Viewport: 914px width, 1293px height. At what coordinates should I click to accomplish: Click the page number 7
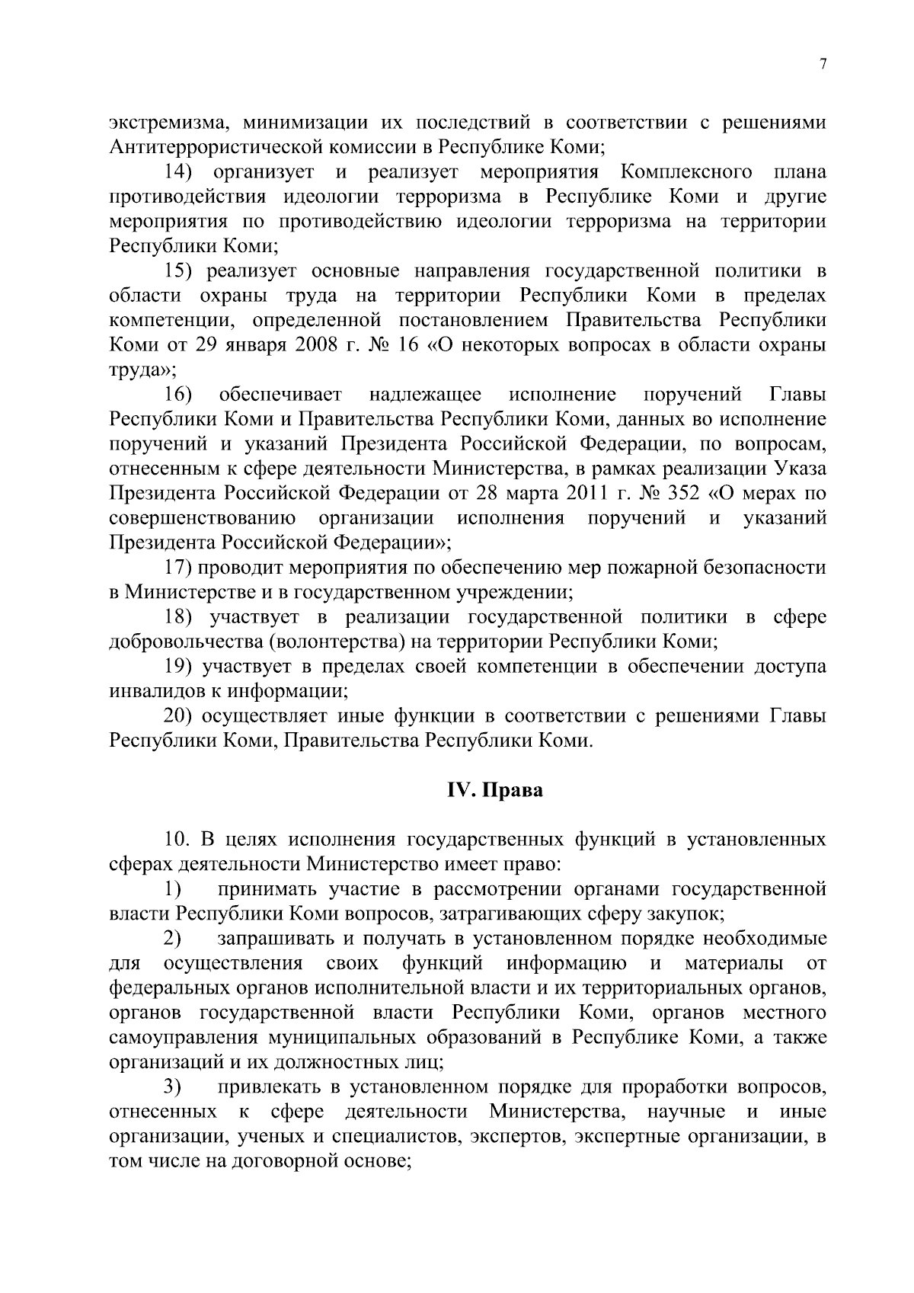[x=823, y=65]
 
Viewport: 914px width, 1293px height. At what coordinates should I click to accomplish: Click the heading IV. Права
[x=494, y=790]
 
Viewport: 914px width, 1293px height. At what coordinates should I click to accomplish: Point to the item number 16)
[x=179, y=395]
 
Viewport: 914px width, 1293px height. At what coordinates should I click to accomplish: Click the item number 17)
[x=179, y=568]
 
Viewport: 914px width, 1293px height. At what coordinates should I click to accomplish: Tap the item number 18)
[x=179, y=617]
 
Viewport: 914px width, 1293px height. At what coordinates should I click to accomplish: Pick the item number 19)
[x=179, y=667]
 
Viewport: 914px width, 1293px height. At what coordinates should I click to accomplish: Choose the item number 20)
[x=181, y=716]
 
